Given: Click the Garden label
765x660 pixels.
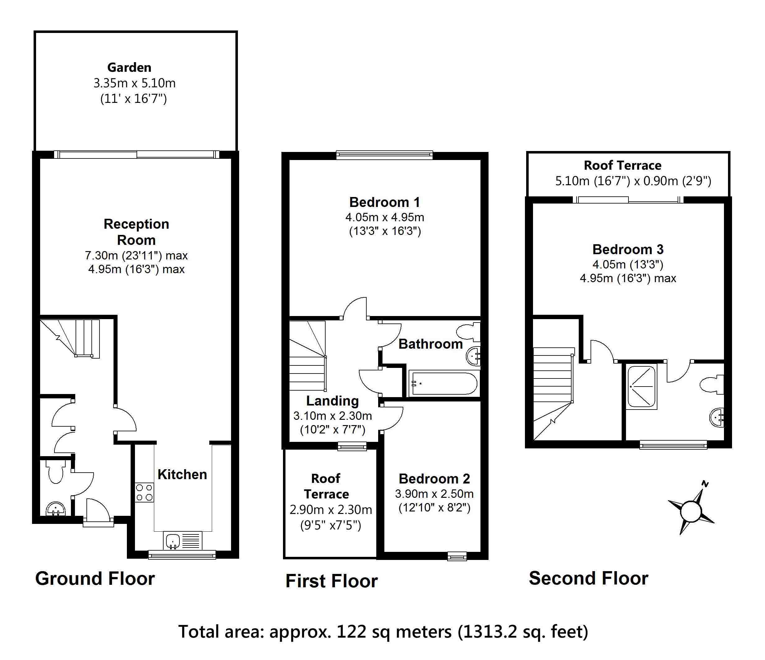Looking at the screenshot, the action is click(x=129, y=67).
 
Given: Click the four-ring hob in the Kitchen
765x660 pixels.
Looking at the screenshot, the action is click(x=144, y=493).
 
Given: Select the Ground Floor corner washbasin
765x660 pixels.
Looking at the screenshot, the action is click(x=55, y=509).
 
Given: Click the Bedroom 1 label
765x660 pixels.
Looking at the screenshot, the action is click(x=384, y=202).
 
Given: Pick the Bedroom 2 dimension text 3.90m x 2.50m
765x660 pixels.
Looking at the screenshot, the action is click(x=434, y=494).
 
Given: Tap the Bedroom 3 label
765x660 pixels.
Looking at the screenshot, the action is click(x=628, y=250).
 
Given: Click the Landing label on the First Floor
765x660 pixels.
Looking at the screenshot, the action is click(x=332, y=401).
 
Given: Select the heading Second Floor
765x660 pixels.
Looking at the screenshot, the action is click(x=588, y=578).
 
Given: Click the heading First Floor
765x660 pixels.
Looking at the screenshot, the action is click(x=331, y=581).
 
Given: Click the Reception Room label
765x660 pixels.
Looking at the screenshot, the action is click(x=136, y=232).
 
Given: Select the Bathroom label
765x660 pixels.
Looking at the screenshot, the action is click(x=430, y=344).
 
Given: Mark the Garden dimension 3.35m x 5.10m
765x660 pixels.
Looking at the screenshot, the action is click(x=134, y=83).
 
